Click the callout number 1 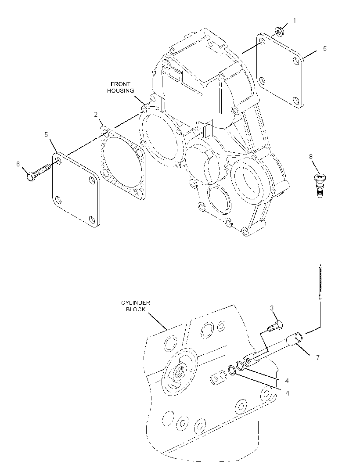click(294, 21)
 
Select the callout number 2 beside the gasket click(96, 114)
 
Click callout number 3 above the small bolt click(272, 308)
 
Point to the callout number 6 click(18, 164)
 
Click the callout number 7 click(317, 357)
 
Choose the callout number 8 click(311, 156)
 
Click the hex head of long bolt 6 click(30, 177)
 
